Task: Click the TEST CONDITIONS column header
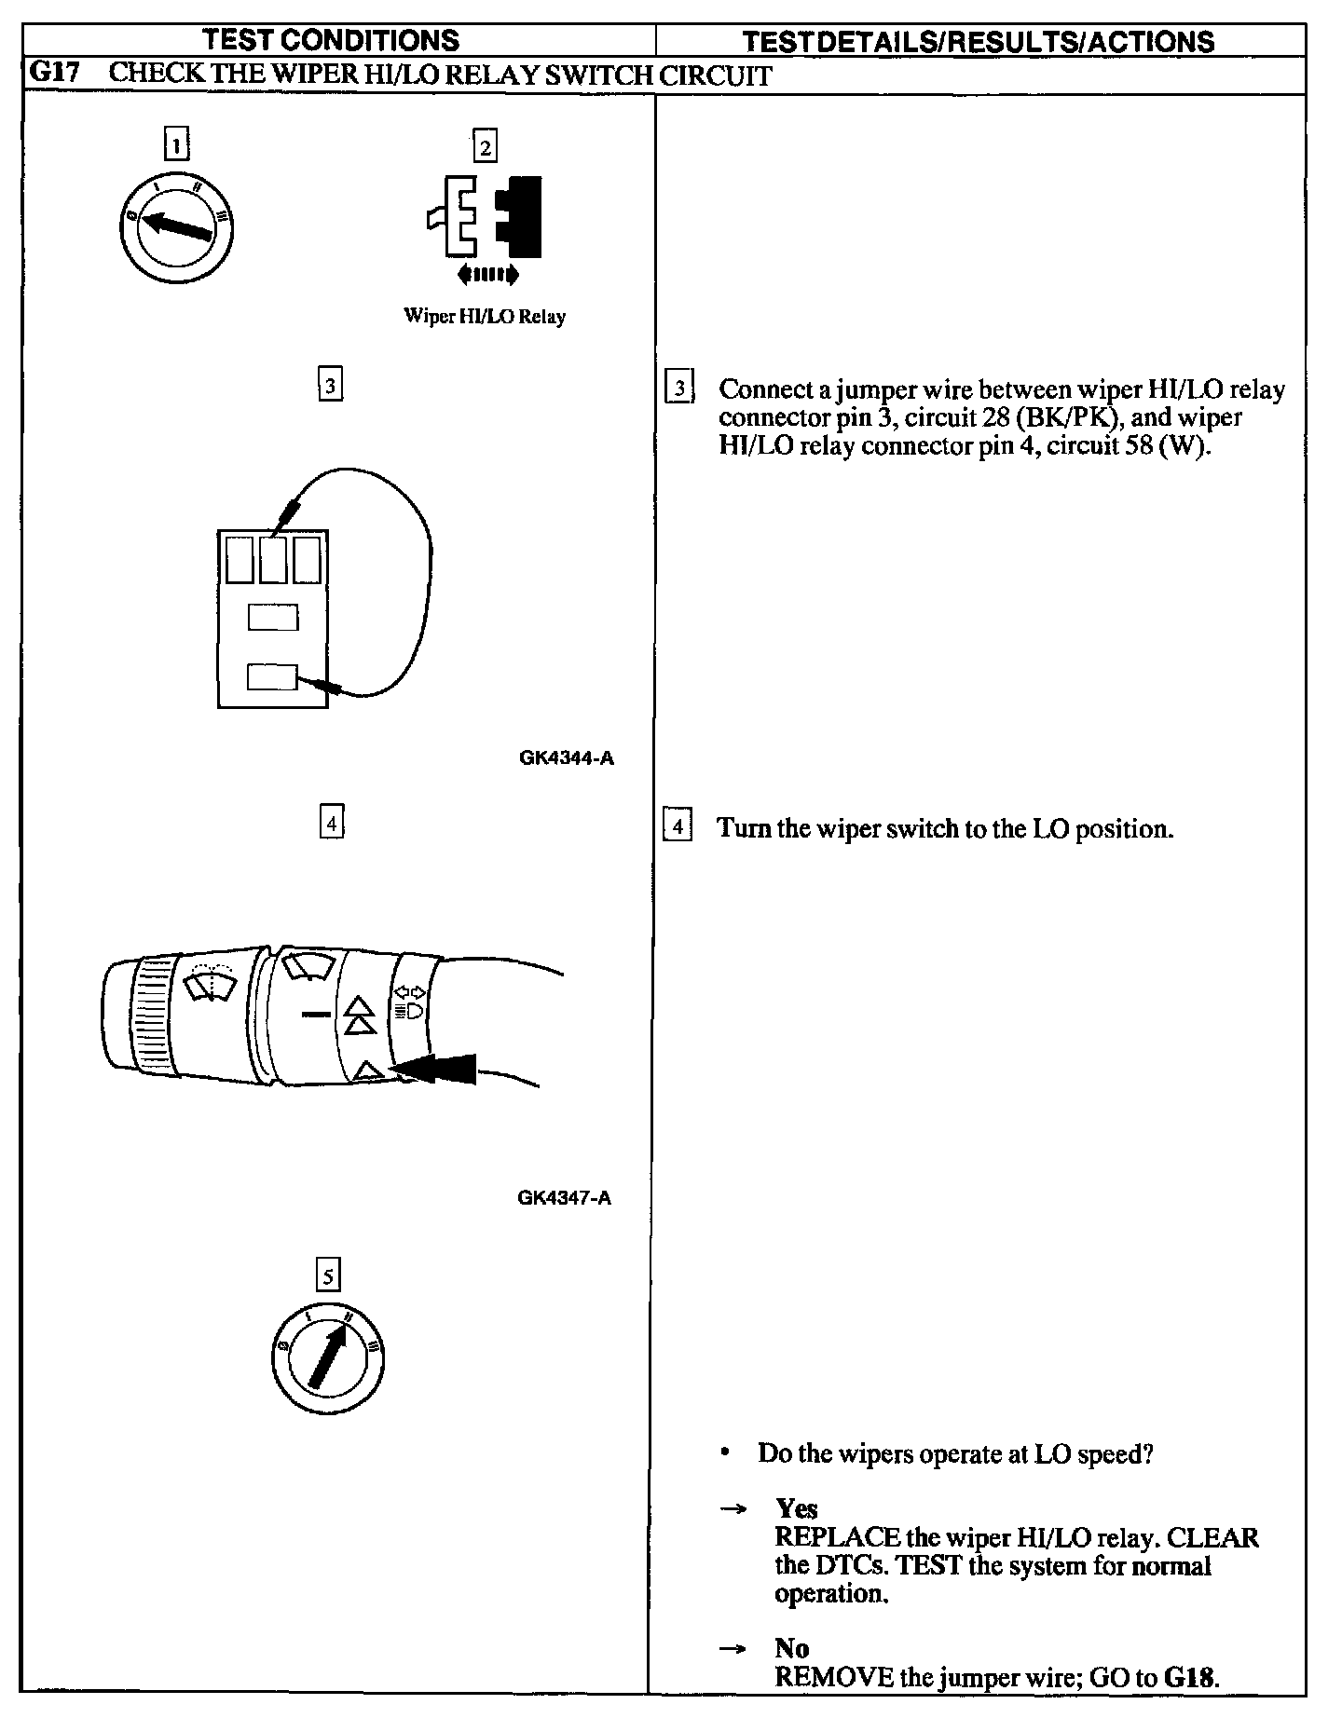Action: (x=331, y=40)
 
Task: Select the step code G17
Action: (x=54, y=74)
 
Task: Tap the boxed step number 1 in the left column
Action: (x=176, y=145)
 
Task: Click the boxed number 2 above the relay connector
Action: (x=485, y=146)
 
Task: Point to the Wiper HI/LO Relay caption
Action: (x=484, y=316)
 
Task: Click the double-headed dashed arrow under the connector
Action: (x=486, y=274)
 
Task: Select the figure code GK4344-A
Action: (x=566, y=757)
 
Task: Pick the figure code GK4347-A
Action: (x=564, y=1197)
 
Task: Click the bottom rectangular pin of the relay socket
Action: (x=272, y=677)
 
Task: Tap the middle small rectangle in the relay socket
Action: (x=273, y=618)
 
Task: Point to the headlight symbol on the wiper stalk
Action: (x=411, y=1010)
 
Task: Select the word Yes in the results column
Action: (x=797, y=1508)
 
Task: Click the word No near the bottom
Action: (x=791, y=1648)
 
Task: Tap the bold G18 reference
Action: (x=1190, y=1678)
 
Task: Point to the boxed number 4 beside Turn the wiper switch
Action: (x=678, y=826)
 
